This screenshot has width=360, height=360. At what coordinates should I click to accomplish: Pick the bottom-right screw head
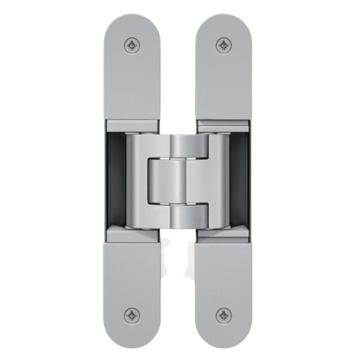(225, 315)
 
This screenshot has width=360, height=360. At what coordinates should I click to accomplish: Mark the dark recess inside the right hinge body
(243, 180)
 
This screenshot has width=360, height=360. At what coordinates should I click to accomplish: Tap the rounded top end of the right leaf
(225, 22)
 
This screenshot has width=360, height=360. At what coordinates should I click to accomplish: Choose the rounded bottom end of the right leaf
(225, 338)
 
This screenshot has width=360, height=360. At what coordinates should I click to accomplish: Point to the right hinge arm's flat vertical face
(220, 180)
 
